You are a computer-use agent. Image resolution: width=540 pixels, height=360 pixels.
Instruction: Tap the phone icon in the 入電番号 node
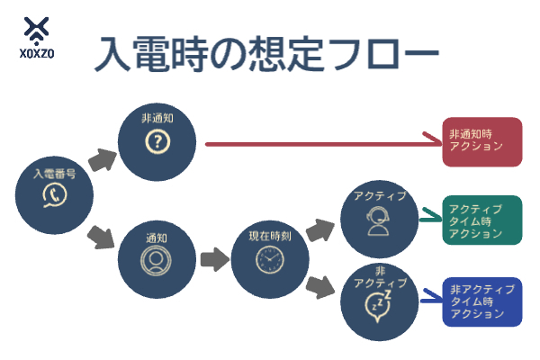(55, 197)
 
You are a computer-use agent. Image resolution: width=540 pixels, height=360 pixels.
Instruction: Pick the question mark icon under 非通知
(157, 142)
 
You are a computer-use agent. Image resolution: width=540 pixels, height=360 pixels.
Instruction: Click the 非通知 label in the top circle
(157, 118)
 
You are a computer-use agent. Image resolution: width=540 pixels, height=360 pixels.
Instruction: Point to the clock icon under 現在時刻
(268, 261)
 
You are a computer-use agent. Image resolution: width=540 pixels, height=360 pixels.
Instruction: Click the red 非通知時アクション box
(481, 142)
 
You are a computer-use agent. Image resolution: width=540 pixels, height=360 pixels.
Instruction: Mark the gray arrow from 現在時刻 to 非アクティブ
(320, 288)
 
